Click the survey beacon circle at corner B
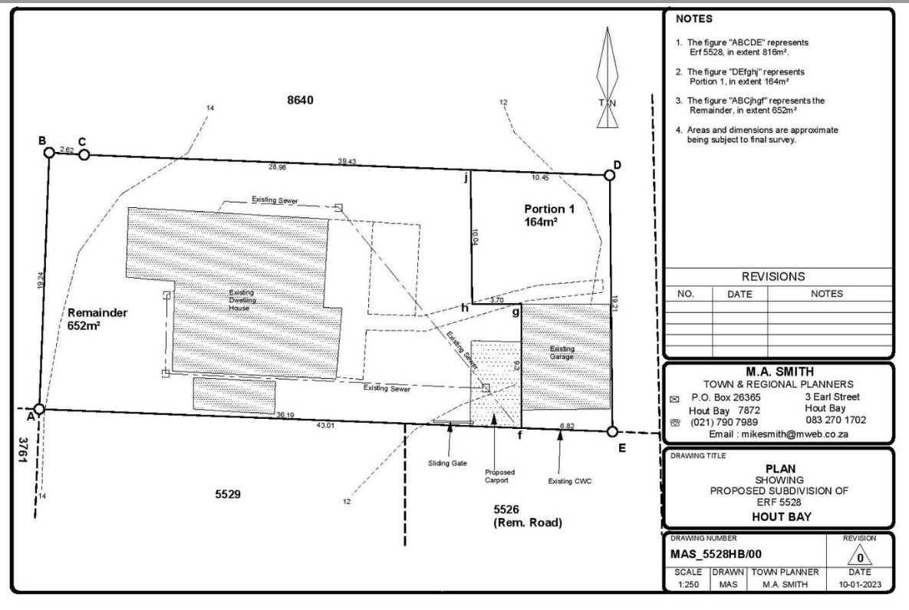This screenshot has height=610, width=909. pyautogui.click(x=49, y=153)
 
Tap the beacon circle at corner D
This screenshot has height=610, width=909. pyautogui.click(x=609, y=175)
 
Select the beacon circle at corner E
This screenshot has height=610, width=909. pyautogui.click(x=612, y=431)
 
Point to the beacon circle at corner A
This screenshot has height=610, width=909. pyautogui.click(x=39, y=409)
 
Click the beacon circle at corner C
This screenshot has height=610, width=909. pyautogui.click(x=84, y=155)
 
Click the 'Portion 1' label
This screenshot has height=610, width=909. pyautogui.click(x=549, y=209)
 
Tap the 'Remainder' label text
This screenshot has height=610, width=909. pyautogui.click(x=97, y=313)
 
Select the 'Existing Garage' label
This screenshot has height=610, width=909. pyautogui.click(x=562, y=352)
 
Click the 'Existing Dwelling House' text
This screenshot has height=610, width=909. pyautogui.click(x=242, y=300)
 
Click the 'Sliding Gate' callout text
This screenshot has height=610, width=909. pyautogui.click(x=447, y=463)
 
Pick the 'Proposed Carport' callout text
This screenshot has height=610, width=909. pyautogui.click(x=499, y=476)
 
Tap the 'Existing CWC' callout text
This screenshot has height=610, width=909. pyautogui.click(x=570, y=481)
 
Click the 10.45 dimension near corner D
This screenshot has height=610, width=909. pyautogui.click(x=540, y=177)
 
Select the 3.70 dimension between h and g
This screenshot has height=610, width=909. pyautogui.click(x=497, y=300)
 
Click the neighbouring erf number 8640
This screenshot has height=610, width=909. pyautogui.click(x=300, y=100)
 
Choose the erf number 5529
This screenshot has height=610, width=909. pyautogui.click(x=228, y=494)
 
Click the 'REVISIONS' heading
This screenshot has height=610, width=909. pyautogui.click(x=773, y=276)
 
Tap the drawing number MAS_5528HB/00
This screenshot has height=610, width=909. pyautogui.click(x=716, y=554)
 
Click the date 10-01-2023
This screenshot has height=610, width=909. pyautogui.click(x=860, y=584)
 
